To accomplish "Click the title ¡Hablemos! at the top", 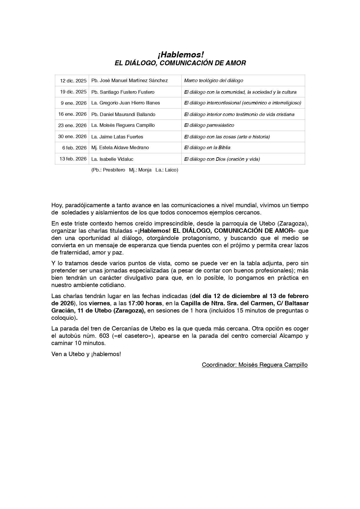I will [180, 55].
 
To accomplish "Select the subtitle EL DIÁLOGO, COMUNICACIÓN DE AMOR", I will [180, 63].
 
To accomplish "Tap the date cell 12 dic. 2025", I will [73, 81].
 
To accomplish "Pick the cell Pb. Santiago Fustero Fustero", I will [123, 92].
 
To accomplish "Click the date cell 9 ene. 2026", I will [74, 103].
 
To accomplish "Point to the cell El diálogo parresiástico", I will [209, 125].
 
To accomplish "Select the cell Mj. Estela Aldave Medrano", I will [120, 148].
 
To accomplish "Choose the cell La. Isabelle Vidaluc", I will [112, 159].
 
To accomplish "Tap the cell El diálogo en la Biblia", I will [207, 148].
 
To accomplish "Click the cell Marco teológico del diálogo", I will [214, 81].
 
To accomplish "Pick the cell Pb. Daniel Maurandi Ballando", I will [123, 114].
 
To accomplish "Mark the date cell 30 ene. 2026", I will [73, 137].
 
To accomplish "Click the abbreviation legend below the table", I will [135, 170].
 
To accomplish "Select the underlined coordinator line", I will [254, 365].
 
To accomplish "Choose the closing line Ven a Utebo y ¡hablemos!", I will [86, 354].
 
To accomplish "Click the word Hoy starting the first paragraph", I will [57, 205].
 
